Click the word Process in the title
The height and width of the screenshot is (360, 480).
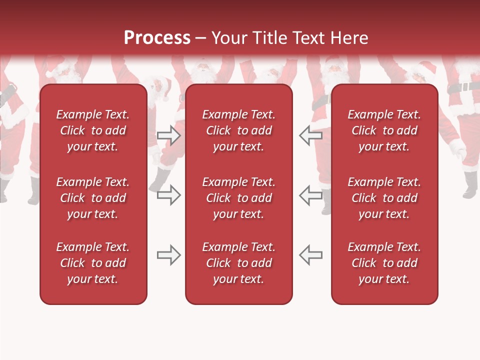coord(157,38)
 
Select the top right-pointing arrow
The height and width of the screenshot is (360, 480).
coord(169,135)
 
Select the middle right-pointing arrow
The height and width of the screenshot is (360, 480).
coord(169,195)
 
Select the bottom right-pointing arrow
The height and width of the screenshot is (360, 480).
coord(169,255)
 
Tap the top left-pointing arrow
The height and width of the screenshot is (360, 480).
coord(310,135)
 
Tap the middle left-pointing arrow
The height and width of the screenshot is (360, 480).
coord(310,195)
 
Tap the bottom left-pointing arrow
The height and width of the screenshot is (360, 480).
coord(310,255)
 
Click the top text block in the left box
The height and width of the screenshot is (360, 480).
coord(93,130)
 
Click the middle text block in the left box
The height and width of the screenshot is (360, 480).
coord(93,198)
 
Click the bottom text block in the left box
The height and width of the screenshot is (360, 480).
coord(93,263)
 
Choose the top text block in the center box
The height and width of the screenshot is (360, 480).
coord(238,130)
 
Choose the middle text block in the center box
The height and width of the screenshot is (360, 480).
coord(238,198)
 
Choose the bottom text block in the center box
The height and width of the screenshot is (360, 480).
coord(238,263)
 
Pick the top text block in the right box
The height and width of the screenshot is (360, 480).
coord(384,130)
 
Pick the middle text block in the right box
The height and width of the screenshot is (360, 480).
coord(384,198)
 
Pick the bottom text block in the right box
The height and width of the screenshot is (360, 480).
coord(384,263)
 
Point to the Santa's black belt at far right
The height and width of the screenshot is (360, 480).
coord(462,87)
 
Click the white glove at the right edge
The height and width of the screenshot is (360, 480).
coord(457,148)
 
